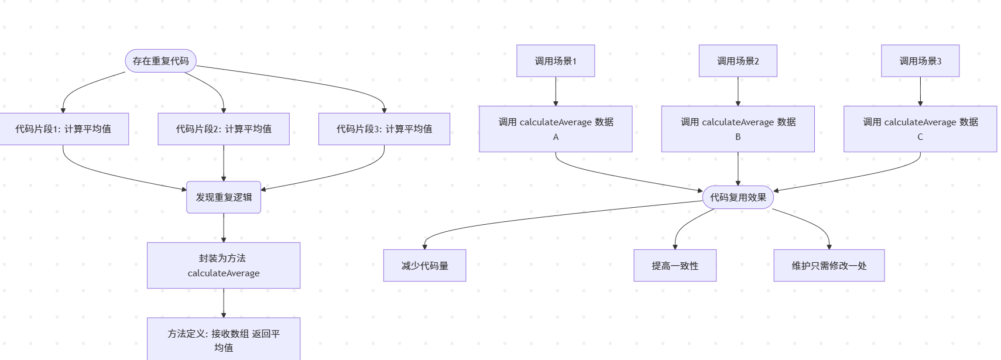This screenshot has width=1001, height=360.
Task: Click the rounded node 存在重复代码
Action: pyautogui.click(x=160, y=61)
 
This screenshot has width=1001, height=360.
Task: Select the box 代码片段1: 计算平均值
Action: pyautogui.click(x=63, y=129)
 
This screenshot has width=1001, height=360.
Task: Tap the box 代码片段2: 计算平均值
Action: pyautogui.click(x=224, y=129)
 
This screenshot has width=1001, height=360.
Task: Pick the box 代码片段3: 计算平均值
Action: pyautogui.click(x=384, y=129)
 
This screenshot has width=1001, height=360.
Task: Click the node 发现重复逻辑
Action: pyautogui.click(x=224, y=197)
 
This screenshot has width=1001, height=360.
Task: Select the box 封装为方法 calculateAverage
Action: pyautogui.click(x=224, y=265)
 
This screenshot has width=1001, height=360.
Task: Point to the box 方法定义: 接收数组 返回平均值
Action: pyautogui.click(x=224, y=340)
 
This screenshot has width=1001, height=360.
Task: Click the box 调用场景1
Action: pyautogui.click(x=556, y=61)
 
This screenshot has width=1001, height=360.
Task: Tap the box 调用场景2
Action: pyautogui.click(x=738, y=61)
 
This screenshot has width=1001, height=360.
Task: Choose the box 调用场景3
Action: pyautogui.click(x=920, y=61)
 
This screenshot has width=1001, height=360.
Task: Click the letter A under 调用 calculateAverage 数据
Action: pyautogui.click(x=556, y=137)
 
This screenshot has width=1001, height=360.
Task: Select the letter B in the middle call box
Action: pyautogui.click(x=738, y=137)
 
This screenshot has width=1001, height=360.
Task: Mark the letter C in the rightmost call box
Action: pyautogui.click(x=920, y=137)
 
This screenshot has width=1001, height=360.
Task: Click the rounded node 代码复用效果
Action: pyautogui.click(x=738, y=197)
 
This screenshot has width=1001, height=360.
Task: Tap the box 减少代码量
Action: pyautogui.click(x=424, y=266)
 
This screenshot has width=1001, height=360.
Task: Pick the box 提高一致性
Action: pyautogui.click(x=675, y=266)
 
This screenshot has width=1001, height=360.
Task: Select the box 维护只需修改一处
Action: pyautogui.click(x=829, y=266)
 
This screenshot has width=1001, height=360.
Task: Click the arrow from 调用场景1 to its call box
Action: pyautogui.click(x=556, y=91)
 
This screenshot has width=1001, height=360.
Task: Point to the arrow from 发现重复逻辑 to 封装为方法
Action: pyautogui.click(x=224, y=228)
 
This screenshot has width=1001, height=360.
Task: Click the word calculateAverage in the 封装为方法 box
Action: pyautogui.click(x=224, y=273)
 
